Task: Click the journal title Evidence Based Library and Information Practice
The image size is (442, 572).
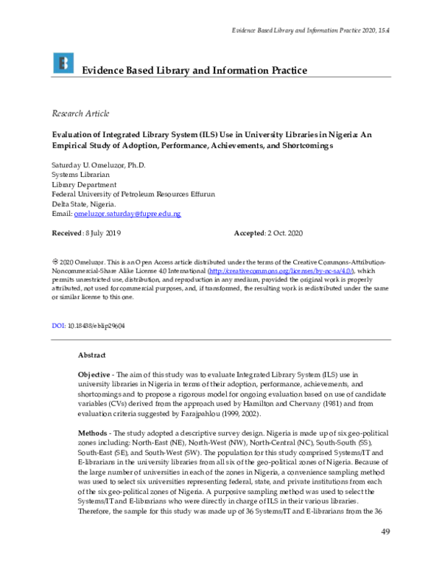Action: point(194,70)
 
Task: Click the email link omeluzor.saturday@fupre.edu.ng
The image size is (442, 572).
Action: point(127,213)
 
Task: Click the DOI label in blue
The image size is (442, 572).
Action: point(59,325)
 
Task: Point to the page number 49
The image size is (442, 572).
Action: point(385,553)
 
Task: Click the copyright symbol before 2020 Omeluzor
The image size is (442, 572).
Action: point(54,262)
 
